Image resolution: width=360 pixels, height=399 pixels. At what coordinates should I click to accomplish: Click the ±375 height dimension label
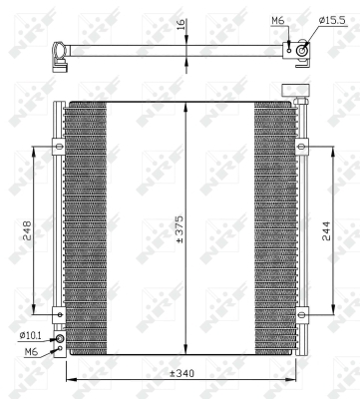point(180,229)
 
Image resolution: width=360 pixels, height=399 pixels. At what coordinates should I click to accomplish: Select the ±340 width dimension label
point(181,373)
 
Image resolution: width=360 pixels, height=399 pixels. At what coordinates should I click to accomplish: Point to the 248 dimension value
point(26,230)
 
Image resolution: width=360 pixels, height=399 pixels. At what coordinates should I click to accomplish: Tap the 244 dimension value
point(327,230)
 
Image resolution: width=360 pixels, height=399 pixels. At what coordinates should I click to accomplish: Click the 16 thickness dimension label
point(180,25)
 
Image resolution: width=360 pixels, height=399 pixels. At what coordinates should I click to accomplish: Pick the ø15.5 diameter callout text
point(332,20)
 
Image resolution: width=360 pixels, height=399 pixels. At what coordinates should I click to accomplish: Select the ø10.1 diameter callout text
point(30,336)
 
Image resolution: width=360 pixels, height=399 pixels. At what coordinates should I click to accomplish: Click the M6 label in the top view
point(278,21)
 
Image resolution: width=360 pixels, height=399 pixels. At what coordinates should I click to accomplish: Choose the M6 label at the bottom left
point(31,352)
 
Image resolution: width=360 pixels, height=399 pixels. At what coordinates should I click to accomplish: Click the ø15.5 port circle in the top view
point(302,51)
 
